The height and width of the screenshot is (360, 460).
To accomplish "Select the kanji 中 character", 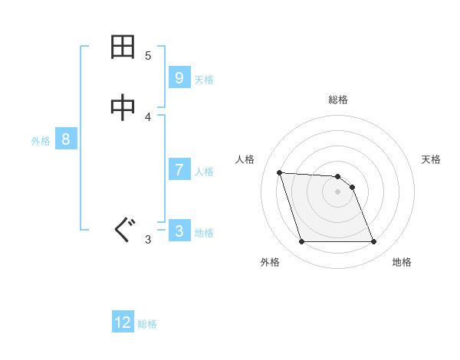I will click(123, 109).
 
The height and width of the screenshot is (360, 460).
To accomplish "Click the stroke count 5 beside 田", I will click(148, 55).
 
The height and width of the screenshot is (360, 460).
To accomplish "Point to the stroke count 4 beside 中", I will click(148, 116).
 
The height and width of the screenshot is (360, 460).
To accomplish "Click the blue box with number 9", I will click(179, 78).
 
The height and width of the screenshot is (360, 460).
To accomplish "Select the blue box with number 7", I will click(179, 170).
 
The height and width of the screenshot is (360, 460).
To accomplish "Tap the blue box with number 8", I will click(66, 139).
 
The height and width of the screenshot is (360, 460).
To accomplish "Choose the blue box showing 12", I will click(123, 322).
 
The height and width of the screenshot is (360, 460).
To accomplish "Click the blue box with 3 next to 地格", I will click(179, 231).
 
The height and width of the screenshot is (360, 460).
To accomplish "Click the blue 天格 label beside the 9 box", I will click(204, 79).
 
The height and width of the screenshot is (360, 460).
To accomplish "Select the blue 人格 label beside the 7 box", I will click(204, 171).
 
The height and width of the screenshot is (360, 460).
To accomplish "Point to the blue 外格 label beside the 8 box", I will click(41, 140).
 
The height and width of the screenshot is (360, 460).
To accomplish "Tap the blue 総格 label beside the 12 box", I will click(147, 323).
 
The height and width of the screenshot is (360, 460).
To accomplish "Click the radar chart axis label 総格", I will click(338, 100).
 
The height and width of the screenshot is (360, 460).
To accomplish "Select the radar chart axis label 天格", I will click(431, 159).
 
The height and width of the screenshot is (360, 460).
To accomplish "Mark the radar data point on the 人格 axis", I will click(280, 172).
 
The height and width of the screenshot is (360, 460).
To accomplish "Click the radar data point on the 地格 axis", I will click(373, 242).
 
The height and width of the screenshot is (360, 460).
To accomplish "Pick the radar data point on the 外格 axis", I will click(301, 242).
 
